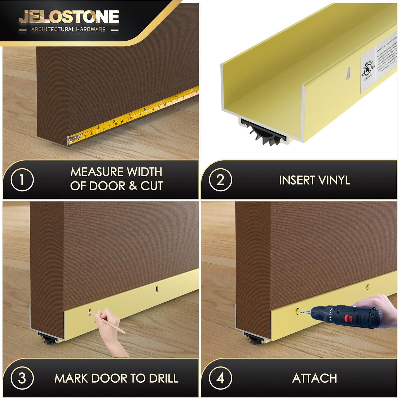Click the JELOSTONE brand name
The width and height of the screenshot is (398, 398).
coord(69,16)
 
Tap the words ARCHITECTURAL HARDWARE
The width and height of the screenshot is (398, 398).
coord(68,29)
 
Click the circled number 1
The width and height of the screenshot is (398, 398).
coord(22,180)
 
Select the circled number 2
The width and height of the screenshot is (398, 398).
coord(220,180)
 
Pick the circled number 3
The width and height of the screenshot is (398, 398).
coord(22,378)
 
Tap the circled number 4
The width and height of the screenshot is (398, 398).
coord(220,378)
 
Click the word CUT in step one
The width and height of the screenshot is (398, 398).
coord(151,186)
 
